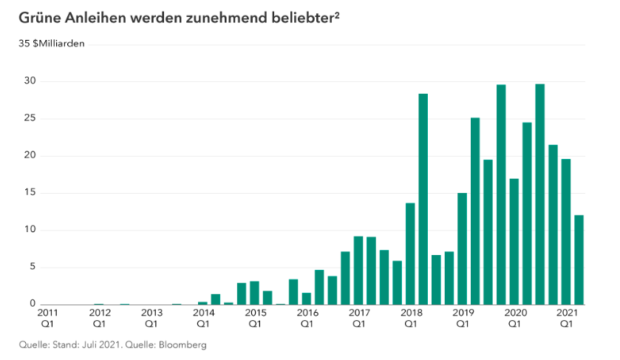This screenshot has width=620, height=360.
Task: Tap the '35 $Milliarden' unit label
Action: coord(52,44)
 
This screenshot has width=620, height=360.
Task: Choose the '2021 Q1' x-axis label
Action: coord(566,318)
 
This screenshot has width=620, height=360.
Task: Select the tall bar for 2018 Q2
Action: coord(423,199)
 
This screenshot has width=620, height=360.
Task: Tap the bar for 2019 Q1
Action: coord(462,248)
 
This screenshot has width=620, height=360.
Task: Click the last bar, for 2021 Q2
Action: coord(579,259)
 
